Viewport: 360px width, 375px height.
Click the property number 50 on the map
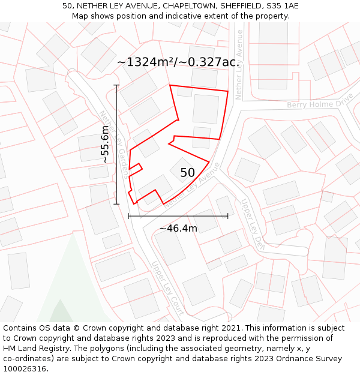pyautogui.click(x=187, y=173)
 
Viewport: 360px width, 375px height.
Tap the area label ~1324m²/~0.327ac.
pyautogui.click(x=178, y=62)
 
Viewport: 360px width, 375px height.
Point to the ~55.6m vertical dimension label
pyautogui.click(x=105, y=145)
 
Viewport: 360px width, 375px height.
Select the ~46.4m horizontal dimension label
pyautogui.click(x=178, y=228)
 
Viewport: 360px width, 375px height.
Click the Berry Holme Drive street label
pyautogui.click(x=319, y=103)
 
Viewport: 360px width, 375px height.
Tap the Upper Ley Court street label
pyautogui.click(x=167, y=288)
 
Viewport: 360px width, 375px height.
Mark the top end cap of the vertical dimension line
pyautogui.click(x=116, y=86)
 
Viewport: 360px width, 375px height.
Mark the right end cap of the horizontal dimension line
pyautogui.click(x=228, y=216)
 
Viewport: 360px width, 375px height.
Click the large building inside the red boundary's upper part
pyautogui.click(x=206, y=109)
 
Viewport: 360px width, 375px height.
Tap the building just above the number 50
pyautogui.click(x=182, y=164)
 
